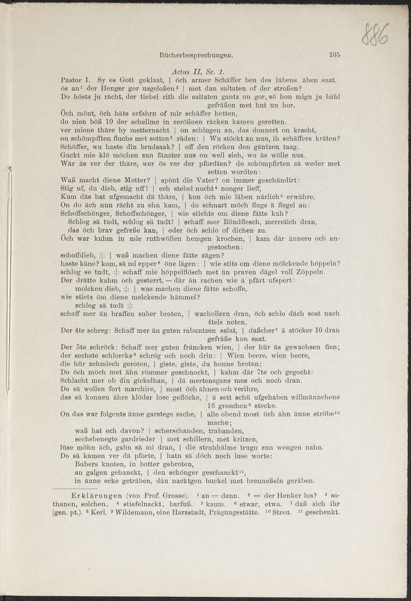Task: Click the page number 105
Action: click(x=335, y=55)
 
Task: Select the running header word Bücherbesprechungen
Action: click(x=196, y=55)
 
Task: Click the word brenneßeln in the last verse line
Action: click(x=269, y=481)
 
